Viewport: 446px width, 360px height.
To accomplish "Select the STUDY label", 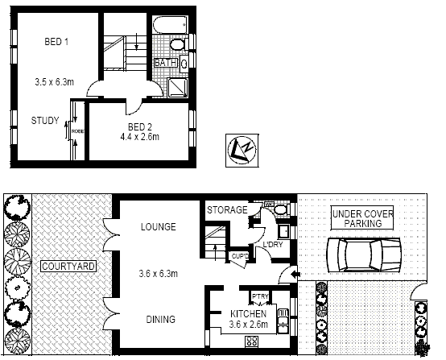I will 46,122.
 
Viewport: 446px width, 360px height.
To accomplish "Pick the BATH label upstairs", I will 166,63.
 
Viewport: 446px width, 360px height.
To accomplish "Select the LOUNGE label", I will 158,227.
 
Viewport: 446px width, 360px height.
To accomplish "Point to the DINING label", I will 160,320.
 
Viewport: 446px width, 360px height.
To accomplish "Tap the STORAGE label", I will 227,210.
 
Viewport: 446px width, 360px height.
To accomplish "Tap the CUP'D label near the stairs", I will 239,257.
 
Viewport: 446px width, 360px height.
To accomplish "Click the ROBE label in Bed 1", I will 77,130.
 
